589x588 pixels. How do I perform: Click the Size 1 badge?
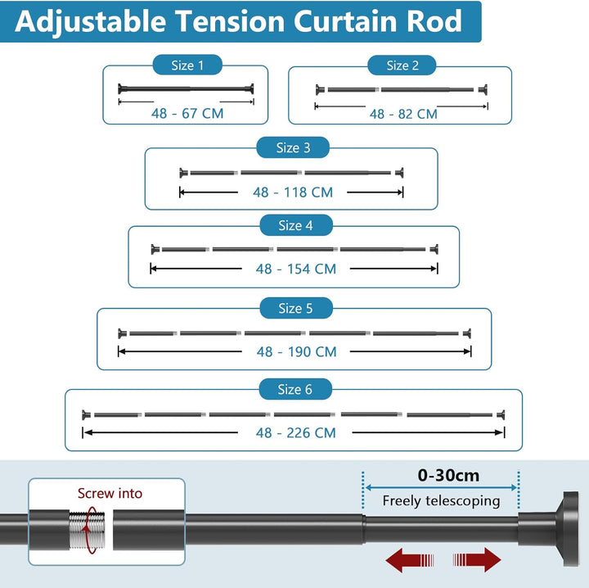[x=187, y=65]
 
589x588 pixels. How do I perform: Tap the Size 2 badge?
[x=402, y=66]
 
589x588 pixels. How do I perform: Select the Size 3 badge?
[x=293, y=147]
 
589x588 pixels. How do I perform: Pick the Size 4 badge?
[x=296, y=225]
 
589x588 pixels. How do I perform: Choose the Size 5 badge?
[x=296, y=308]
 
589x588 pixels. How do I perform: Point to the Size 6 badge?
[x=295, y=389]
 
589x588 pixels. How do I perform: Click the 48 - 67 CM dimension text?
[x=187, y=113]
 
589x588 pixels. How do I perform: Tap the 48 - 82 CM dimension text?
[x=403, y=114]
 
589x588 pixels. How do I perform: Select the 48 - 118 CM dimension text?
[x=293, y=192]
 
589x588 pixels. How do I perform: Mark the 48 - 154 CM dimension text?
[x=296, y=269]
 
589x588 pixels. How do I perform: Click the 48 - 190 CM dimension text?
[x=296, y=352]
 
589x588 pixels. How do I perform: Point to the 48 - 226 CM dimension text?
[x=296, y=432]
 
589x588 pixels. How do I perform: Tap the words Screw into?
[x=110, y=493]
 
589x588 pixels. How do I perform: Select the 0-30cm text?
[x=448, y=476]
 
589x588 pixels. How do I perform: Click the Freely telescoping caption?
[x=442, y=501]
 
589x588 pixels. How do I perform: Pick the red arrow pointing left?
[x=410, y=560]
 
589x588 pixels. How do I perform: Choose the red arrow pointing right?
[x=477, y=560]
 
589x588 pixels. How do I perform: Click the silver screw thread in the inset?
[x=88, y=530]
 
